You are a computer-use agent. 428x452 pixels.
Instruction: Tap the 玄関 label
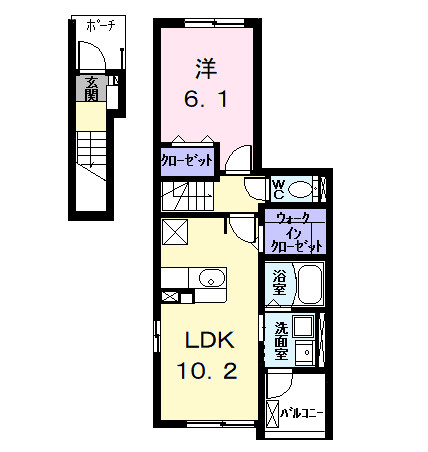pos(90,89)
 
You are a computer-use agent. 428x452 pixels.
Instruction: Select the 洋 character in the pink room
pos(206,69)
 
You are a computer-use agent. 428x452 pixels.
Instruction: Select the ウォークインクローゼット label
pos(294,231)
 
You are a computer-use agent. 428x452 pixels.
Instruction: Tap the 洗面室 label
pos(281,340)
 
